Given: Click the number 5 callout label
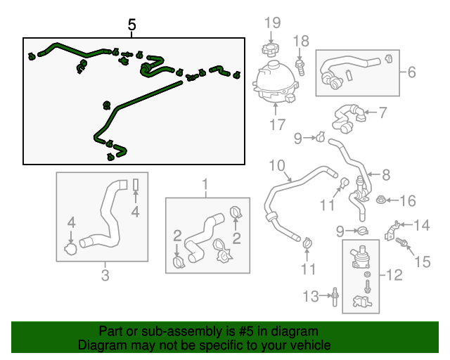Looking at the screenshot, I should coord(132,25).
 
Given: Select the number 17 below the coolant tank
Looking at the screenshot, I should coord(276,125).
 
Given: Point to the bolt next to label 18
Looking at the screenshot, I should coord(301,67).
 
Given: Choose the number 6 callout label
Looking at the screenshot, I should coord(411,72).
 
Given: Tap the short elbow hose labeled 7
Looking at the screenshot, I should coord(348,117).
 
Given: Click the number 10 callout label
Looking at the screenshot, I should coord(276,166).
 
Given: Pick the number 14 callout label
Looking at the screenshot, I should coord(420,226).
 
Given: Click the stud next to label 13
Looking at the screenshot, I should coord(335,296).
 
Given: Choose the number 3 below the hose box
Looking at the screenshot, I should coord(105,275).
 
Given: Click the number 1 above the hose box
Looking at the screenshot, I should coord(206,186).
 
